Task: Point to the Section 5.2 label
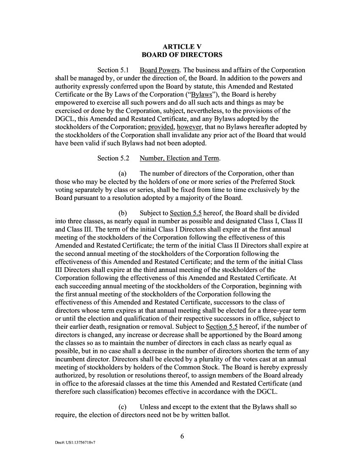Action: pos(113,158)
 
